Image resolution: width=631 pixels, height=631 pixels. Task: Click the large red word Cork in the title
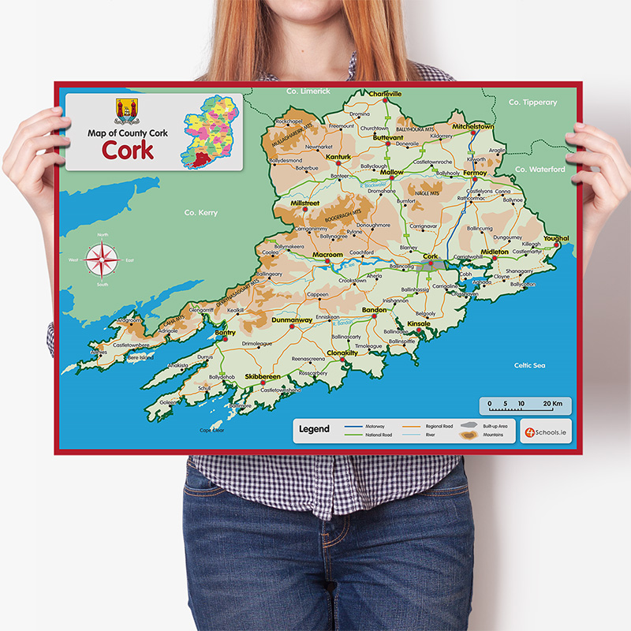[x=127, y=151]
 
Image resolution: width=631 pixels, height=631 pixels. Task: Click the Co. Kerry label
[x=200, y=213]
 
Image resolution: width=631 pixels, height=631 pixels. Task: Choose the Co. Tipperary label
[x=532, y=103]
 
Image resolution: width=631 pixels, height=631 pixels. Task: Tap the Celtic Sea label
[x=529, y=365]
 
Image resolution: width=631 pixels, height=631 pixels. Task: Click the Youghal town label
[x=556, y=237]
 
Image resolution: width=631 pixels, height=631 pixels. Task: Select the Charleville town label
[x=385, y=94]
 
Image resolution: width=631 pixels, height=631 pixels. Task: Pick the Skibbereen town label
[x=263, y=377]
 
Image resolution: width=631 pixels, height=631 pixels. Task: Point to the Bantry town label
[x=225, y=333]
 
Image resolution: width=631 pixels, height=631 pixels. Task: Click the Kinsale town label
[x=418, y=323]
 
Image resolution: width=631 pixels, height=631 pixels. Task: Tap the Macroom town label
[x=327, y=255]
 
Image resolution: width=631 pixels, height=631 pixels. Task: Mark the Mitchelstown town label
[x=472, y=126]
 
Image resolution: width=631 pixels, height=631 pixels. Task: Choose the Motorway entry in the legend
[x=374, y=426]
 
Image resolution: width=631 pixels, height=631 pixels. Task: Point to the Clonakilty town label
[x=342, y=353]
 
